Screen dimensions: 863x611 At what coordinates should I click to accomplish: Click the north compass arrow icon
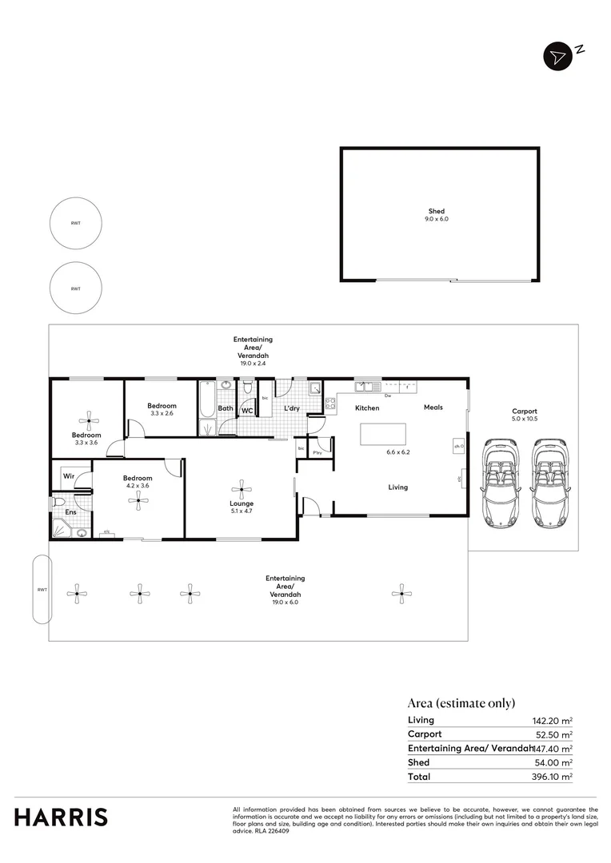tap(556, 56)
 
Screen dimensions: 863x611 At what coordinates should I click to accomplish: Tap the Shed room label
tap(436, 211)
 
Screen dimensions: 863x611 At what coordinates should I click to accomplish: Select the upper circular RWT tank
tap(75, 224)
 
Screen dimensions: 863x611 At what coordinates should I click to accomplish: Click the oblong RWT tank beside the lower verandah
tap(42, 590)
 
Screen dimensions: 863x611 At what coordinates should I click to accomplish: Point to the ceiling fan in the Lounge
tap(241, 489)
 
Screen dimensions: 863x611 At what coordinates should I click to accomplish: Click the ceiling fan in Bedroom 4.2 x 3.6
tap(139, 500)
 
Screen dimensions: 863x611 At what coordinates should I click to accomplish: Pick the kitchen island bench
tap(385, 435)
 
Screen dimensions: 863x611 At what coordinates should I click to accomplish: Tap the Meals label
tap(433, 408)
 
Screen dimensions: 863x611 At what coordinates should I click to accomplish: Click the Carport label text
tap(524, 412)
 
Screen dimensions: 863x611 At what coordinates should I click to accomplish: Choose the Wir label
tap(69, 476)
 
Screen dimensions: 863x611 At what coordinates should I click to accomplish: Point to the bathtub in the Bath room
tap(207, 408)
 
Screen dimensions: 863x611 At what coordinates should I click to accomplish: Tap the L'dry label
tap(292, 409)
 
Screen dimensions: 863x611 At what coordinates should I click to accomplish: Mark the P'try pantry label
tap(317, 452)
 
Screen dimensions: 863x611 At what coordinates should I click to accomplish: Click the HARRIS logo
tap(61, 817)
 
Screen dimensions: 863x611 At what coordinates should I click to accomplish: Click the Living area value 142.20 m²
tap(553, 720)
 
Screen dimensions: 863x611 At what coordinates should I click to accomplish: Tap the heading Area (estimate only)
tap(461, 703)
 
